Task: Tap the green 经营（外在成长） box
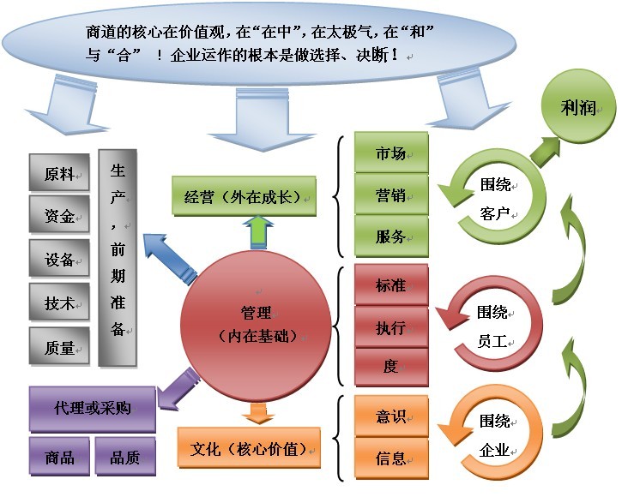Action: pyautogui.click(x=244, y=196)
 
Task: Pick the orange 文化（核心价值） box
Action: pyautogui.click(x=249, y=447)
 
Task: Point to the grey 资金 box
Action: pyautogui.click(x=59, y=217)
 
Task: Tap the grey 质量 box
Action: pyautogui.click(x=59, y=348)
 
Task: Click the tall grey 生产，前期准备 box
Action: pyautogui.click(x=118, y=258)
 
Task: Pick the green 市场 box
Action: pyautogui.click(x=391, y=154)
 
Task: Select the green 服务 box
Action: pyautogui.click(x=391, y=237)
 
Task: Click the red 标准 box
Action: pyautogui.click(x=391, y=285)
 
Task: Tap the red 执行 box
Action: pyautogui.click(x=391, y=327)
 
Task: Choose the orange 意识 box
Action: pyautogui.click(x=391, y=416)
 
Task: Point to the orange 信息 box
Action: pyautogui.click(x=391, y=458)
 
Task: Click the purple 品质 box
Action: pyautogui.click(x=124, y=458)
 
